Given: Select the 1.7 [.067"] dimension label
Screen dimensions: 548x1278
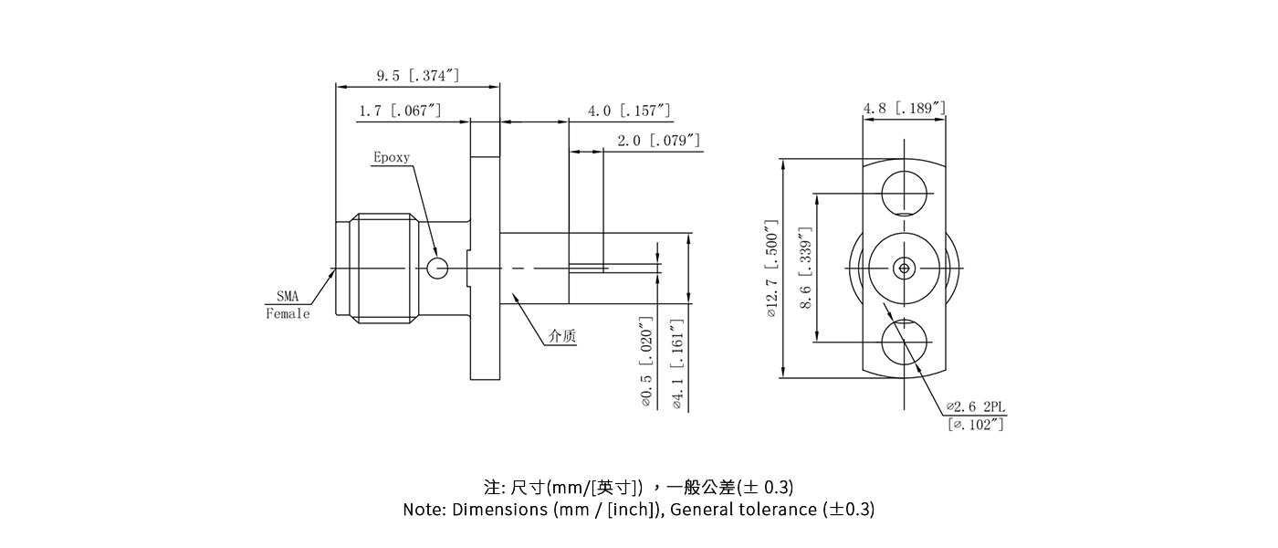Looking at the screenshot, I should coord(400,111).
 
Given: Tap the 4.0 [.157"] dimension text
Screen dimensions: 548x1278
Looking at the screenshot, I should coord(629,111).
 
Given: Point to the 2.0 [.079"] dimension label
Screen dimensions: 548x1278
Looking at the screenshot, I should coord(658,141).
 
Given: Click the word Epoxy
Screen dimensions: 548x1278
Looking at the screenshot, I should coord(392,157).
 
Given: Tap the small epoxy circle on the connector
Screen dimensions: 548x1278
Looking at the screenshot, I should coord(438,268).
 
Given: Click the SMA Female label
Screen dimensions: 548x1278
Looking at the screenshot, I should coord(288,305).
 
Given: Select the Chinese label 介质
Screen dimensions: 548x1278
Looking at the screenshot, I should coord(561,336).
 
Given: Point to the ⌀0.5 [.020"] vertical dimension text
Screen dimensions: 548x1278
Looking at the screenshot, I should coord(646,363).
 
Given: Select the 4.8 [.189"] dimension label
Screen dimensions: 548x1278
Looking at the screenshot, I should coord(904,109).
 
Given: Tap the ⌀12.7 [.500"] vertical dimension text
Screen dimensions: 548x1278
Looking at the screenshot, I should coord(771,268).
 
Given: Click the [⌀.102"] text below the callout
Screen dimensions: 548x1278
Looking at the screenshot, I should coord(977,424).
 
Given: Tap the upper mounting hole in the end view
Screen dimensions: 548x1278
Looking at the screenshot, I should coord(904,193).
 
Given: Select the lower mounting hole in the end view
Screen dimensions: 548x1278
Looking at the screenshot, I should coord(904,342).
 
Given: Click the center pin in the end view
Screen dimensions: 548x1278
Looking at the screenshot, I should coord(904,268).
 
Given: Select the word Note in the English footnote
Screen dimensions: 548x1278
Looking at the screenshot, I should coord(424,510).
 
